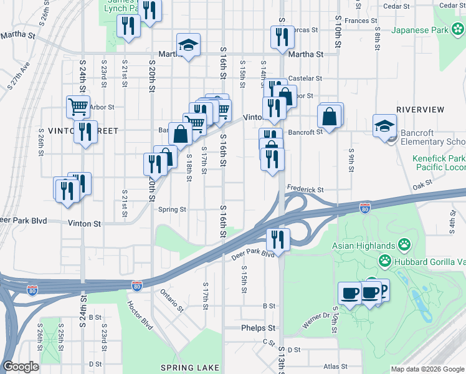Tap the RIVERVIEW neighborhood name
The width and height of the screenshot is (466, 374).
(x=420, y=110)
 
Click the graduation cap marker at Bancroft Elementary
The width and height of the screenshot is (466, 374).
(x=384, y=125)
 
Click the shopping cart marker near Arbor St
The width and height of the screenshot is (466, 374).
(x=78, y=107)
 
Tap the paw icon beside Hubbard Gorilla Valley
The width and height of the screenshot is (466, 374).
(x=386, y=261)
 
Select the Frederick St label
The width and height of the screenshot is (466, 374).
(x=305, y=189)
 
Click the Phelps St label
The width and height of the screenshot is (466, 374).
(x=259, y=328)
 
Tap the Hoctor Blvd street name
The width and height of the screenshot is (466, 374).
(x=140, y=315)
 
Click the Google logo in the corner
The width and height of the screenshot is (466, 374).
(x=20, y=367)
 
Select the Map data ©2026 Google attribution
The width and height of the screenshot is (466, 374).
(x=427, y=369)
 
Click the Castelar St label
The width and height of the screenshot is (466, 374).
(x=305, y=79)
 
